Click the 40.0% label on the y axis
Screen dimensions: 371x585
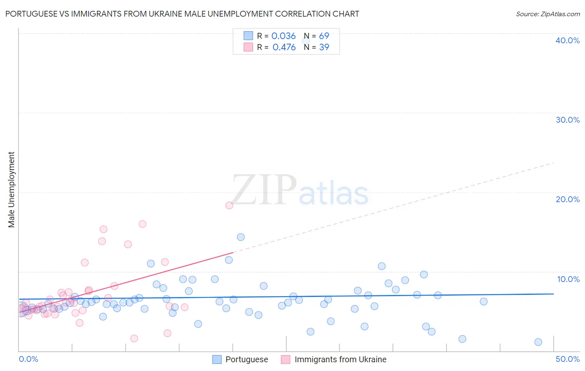568,40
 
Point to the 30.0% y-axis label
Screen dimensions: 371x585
568,120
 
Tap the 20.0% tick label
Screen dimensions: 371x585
568,199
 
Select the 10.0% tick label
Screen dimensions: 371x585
568,279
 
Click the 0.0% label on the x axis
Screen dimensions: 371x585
28,359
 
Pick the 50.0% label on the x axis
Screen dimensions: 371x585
568,359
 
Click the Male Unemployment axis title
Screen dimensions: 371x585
11,190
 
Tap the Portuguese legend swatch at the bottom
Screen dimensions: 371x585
217,359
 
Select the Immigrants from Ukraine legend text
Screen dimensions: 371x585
340,359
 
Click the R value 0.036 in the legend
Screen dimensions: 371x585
283,36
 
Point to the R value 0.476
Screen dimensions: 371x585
284,47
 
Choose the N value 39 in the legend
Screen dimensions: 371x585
324,47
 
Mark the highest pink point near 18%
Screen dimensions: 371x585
229,205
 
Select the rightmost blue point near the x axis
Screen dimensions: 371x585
538,342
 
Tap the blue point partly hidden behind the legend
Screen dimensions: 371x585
306,40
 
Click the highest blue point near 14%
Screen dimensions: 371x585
240,237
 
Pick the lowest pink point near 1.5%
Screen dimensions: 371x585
134,339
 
